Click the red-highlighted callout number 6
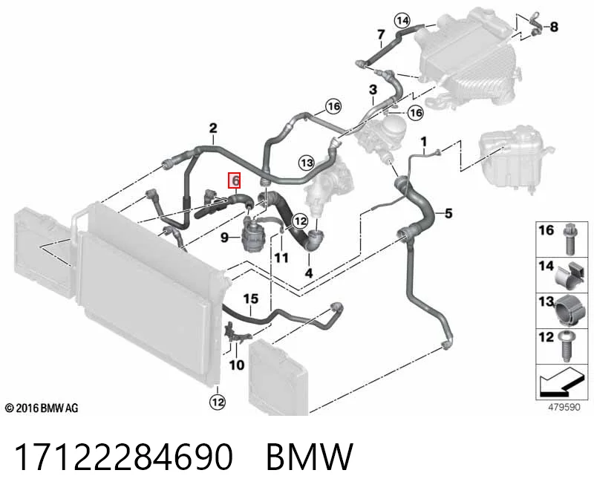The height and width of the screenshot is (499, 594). [234, 180]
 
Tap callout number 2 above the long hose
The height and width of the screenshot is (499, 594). [213, 128]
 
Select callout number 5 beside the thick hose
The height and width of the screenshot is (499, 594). [448, 213]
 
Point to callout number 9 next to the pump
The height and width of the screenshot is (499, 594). [225, 238]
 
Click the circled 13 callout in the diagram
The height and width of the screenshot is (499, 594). [307, 163]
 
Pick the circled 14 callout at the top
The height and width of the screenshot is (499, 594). [402, 20]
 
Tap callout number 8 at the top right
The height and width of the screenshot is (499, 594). [554, 27]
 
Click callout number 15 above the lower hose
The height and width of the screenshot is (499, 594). [250, 299]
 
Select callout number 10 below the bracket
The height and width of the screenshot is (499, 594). [237, 365]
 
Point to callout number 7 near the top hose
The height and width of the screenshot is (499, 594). [381, 35]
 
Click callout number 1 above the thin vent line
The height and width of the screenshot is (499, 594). [424, 142]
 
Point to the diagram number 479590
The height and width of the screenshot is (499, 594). [564, 408]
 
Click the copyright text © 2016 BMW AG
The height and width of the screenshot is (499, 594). [42, 408]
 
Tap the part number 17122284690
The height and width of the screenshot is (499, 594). [123, 457]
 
